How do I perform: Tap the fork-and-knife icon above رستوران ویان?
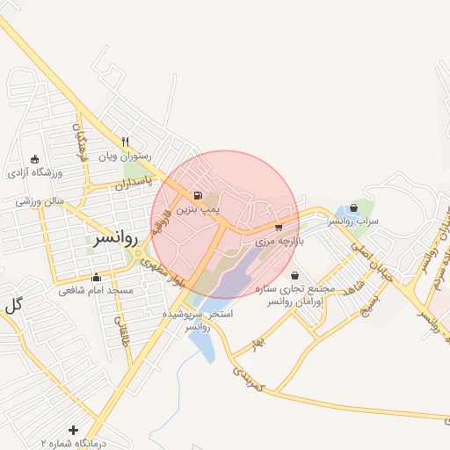point(127,141)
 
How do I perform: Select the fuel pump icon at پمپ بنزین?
point(197,195)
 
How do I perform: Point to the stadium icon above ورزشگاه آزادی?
point(34,159)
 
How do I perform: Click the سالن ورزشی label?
point(40,201)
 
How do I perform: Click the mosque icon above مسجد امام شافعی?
point(96,278)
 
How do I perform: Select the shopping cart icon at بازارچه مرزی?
point(279,227)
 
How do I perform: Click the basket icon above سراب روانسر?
point(354,208)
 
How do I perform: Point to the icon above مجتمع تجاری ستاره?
point(294,276)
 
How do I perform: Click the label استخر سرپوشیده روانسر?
point(199,319)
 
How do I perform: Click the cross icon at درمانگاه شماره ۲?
point(74,431)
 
